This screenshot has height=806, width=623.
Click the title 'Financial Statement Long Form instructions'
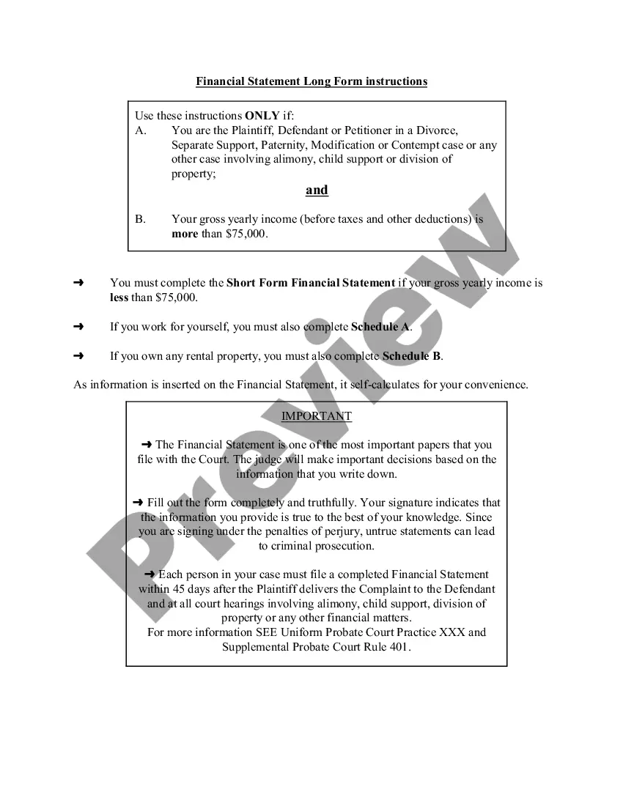(x=311, y=81)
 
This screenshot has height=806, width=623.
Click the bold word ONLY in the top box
(x=262, y=116)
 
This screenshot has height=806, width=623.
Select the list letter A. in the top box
(x=141, y=130)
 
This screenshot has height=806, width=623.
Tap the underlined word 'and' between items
(x=317, y=191)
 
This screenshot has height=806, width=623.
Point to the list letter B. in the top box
(x=141, y=219)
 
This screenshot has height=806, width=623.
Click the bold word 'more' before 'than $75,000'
(x=185, y=234)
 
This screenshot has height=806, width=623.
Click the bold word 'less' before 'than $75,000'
(x=119, y=297)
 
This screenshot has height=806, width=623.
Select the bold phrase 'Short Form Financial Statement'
(x=311, y=283)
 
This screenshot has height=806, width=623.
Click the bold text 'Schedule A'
(x=380, y=327)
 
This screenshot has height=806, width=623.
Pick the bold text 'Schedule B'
(x=411, y=356)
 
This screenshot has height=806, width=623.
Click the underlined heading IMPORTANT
(x=317, y=416)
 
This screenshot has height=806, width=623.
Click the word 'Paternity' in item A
(x=285, y=145)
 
